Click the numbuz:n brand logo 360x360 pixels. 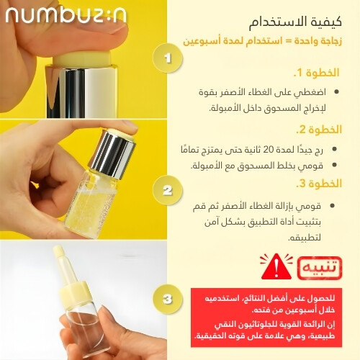(x=66, y=16)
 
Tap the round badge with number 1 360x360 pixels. (x=168, y=58)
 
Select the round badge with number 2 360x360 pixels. (x=168, y=190)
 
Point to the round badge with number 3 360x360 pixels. (x=168, y=299)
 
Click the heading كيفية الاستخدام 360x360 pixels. (x=295, y=22)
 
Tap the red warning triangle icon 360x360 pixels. (x=276, y=266)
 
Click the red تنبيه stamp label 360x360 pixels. (x=320, y=268)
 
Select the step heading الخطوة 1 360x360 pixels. (x=316, y=73)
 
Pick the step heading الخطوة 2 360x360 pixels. (x=319, y=130)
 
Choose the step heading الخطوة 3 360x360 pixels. (x=319, y=184)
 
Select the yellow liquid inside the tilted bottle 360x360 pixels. (x=90, y=211)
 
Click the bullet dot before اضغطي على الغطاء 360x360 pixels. (x=336, y=91)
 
